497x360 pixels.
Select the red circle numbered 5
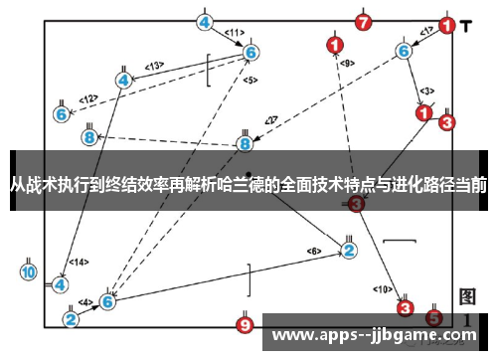point(433,318)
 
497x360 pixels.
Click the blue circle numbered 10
point(29,271)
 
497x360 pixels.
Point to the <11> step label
point(234,33)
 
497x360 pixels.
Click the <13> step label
point(154,66)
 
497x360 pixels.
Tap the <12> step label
point(88,98)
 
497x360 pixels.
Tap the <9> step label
point(347,64)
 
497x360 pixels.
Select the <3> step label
point(426,91)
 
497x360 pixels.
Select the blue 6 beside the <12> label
point(62,114)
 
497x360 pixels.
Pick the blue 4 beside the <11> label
point(205,22)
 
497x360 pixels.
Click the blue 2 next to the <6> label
point(349,250)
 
